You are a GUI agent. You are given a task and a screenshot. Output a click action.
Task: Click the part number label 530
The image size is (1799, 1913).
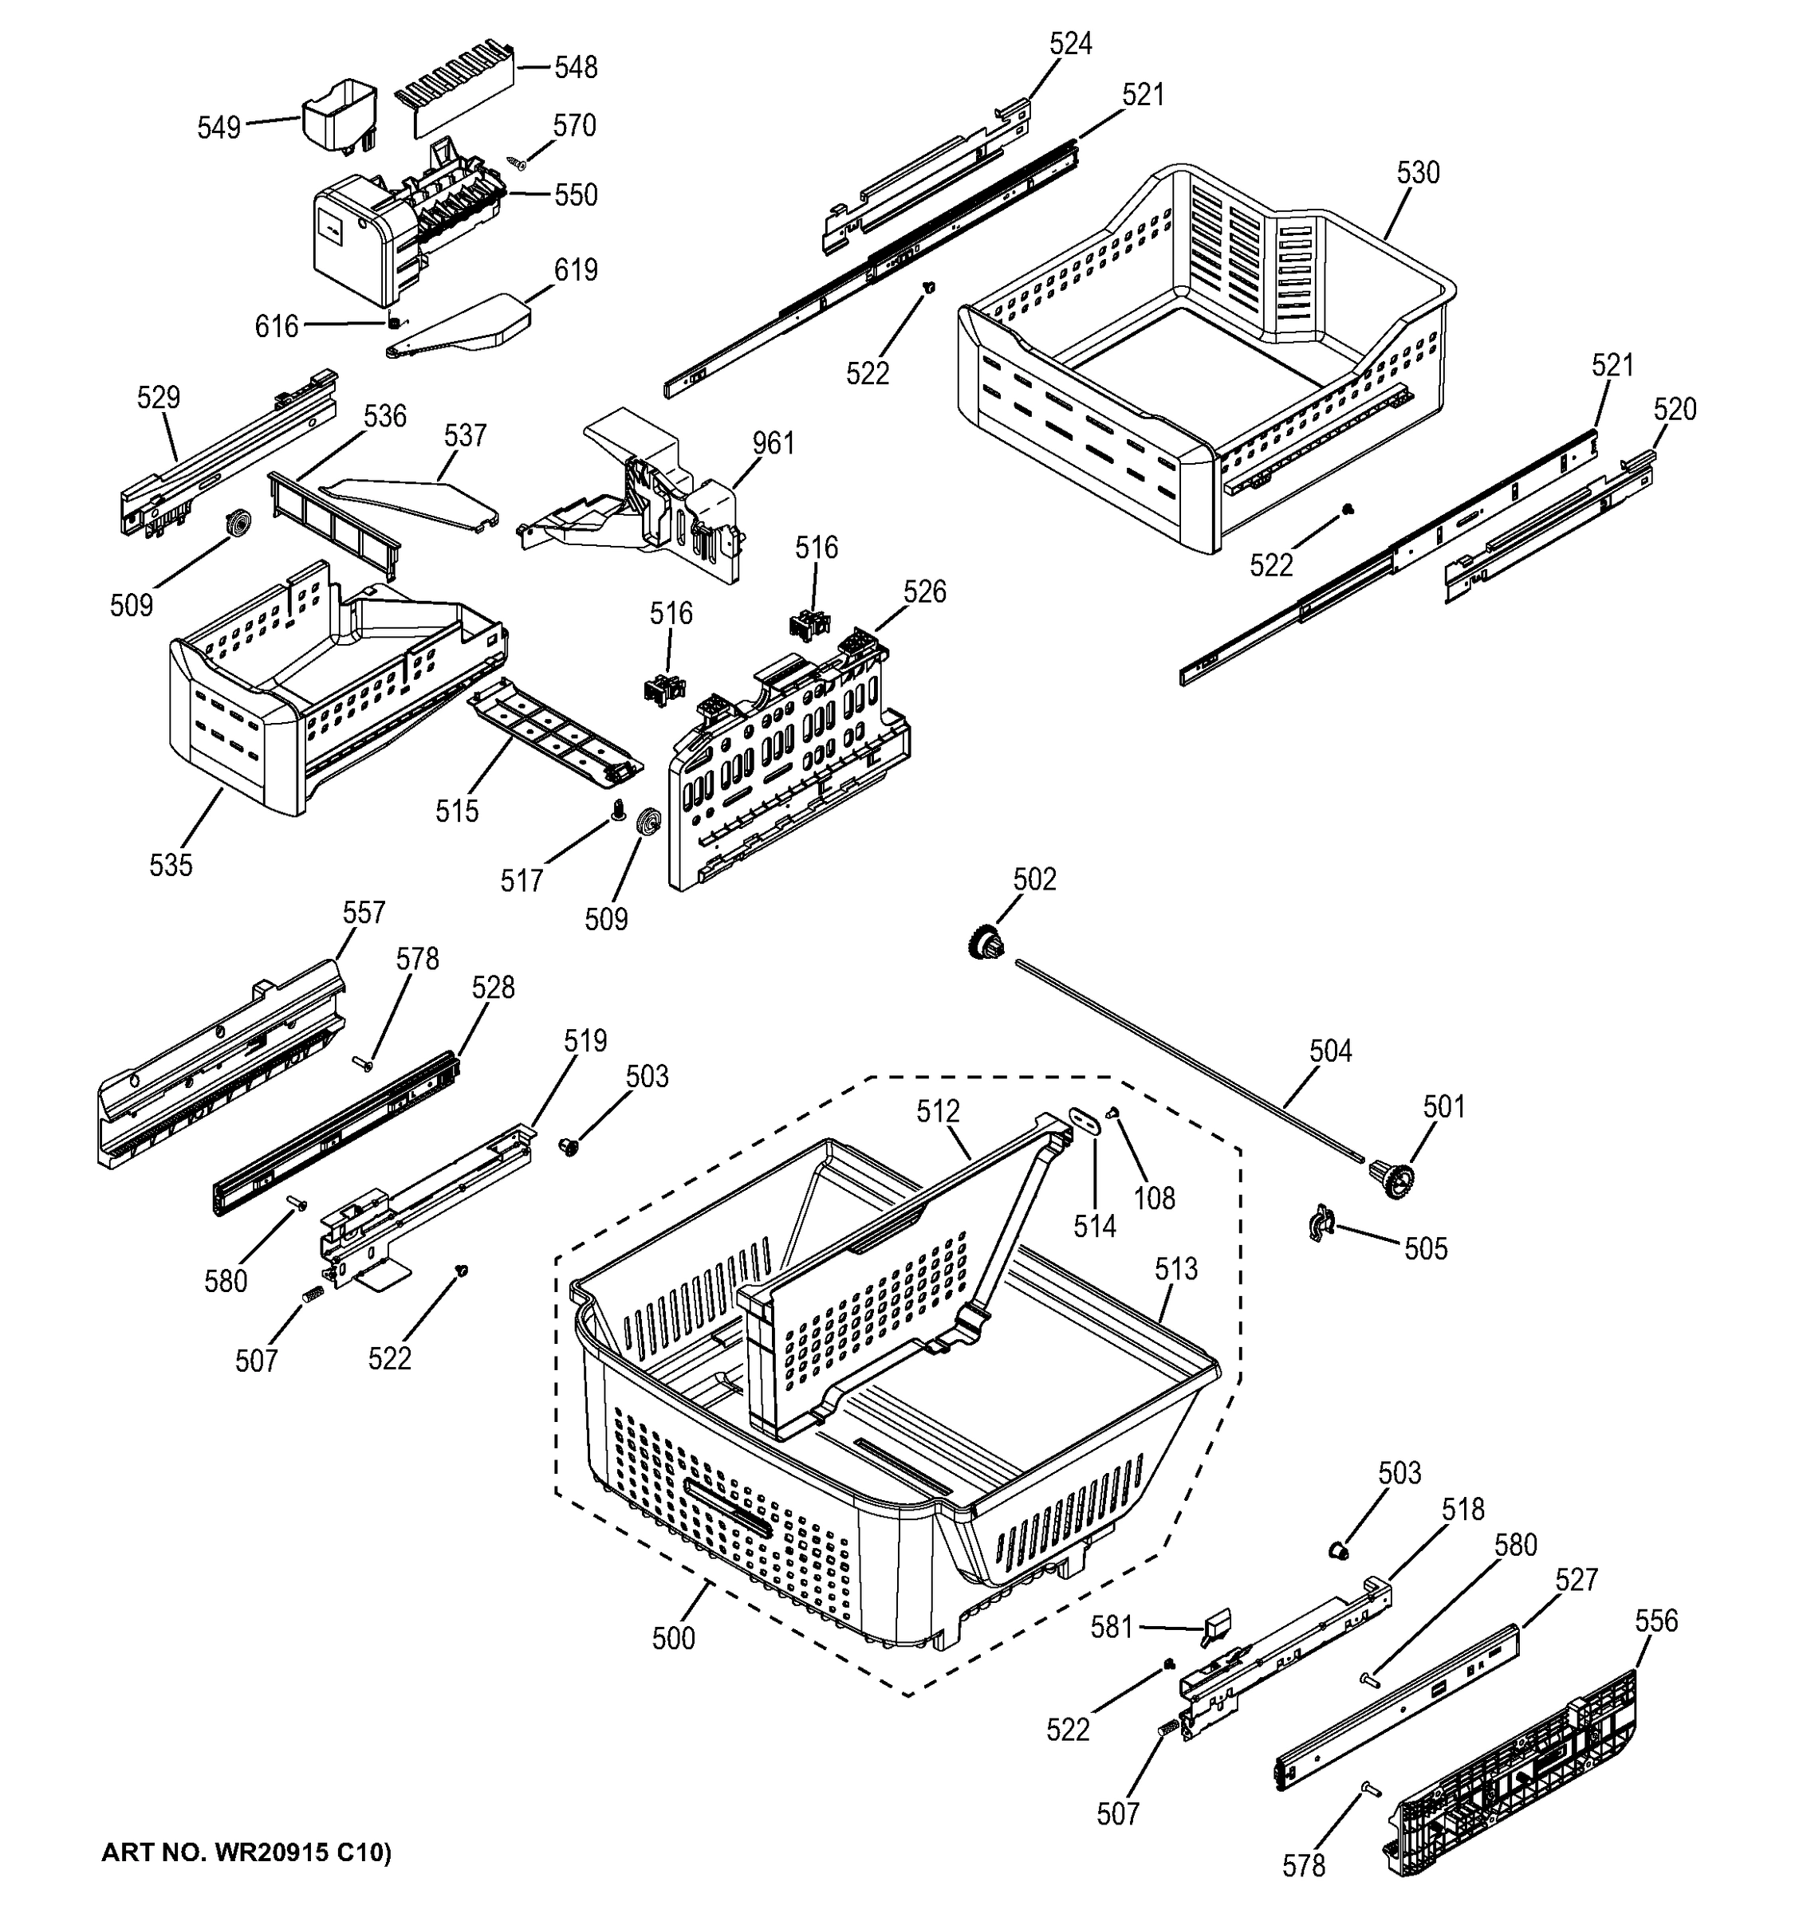click(x=1417, y=173)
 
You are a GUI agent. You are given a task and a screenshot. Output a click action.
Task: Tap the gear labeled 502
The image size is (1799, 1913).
click(x=984, y=940)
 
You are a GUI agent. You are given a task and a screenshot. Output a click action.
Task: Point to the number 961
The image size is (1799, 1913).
click(x=773, y=444)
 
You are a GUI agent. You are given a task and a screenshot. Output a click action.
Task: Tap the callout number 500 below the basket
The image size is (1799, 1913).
click(x=673, y=1639)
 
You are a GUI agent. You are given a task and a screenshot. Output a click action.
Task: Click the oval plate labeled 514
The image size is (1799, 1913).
click(x=1085, y=1121)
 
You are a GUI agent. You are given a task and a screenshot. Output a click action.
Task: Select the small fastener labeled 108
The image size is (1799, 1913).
click(x=1115, y=1113)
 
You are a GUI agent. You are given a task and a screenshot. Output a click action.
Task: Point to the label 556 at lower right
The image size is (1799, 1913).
click(x=1655, y=1621)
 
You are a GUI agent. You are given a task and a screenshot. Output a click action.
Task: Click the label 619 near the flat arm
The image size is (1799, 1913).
click(x=575, y=270)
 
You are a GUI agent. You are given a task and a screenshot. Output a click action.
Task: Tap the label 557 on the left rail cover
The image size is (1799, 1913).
click(x=363, y=912)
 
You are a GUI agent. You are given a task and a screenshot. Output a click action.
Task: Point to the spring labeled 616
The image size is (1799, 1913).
click(x=395, y=321)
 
